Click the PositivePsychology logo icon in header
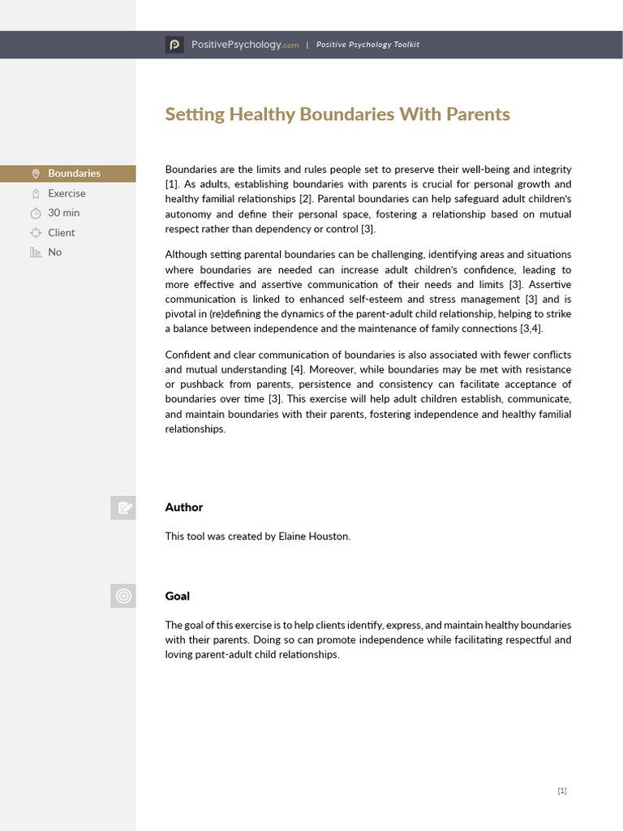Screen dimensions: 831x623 point(174,45)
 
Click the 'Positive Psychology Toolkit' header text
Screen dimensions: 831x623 point(367,45)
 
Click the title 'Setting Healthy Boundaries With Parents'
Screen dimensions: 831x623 point(337,114)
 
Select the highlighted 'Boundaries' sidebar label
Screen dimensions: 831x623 point(74,173)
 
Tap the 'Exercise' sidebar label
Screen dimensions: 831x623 point(67,193)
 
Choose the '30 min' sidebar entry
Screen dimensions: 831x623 point(64,213)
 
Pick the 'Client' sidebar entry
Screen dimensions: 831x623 point(62,232)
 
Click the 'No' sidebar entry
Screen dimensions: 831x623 point(55,252)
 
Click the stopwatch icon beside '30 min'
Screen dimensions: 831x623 point(35,213)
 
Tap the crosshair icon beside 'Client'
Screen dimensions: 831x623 point(35,233)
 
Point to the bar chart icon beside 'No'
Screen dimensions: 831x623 point(35,252)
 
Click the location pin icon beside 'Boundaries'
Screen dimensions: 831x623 point(35,174)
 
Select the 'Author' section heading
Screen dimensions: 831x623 point(184,507)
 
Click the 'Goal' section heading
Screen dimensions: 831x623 point(178,596)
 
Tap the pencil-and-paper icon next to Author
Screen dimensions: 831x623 point(123,508)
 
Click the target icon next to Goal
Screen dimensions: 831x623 point(123,596)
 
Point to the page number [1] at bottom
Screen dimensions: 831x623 point(562,791)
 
